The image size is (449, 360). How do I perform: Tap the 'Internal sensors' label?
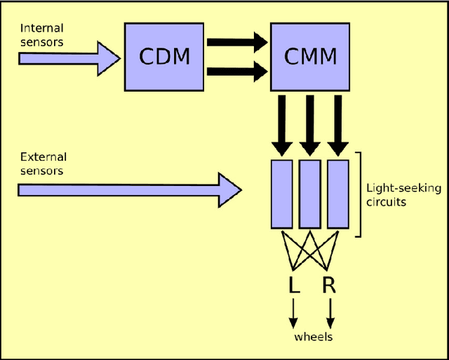click(42, 34)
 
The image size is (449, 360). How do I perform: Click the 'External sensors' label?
click(42, 164)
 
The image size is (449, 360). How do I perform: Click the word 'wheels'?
click(313, 337)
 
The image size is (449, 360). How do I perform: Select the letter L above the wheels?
click(294, 285)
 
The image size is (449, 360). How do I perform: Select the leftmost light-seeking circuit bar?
click(281, 194)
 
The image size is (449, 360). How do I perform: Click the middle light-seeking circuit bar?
click(309, 194)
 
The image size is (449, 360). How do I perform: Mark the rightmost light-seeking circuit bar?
click(337, 194)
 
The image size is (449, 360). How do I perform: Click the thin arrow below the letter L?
click(294, 312)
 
